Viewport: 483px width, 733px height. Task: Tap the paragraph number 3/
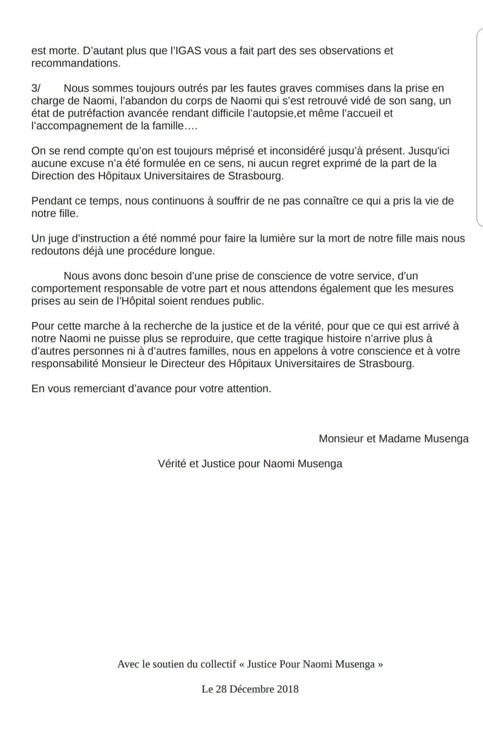click(37, 87)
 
